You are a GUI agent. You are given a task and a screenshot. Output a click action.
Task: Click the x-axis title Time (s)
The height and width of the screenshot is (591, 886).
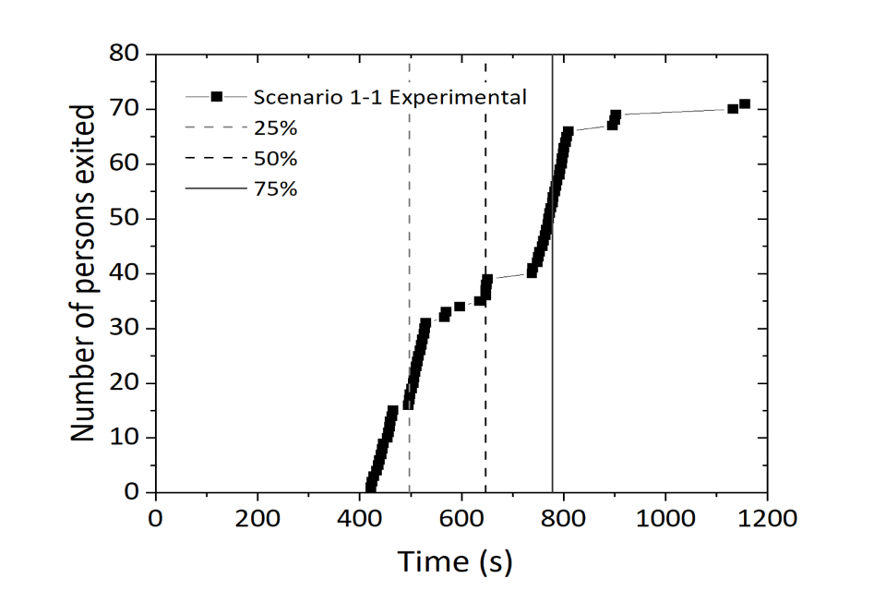coord(455,561)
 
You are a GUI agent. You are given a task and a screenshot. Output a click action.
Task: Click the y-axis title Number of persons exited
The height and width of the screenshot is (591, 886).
coord(84,273)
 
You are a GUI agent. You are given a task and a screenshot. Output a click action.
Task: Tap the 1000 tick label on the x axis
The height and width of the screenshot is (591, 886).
coord(665,517)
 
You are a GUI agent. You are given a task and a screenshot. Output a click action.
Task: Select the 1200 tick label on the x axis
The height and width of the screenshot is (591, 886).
coord(767,517)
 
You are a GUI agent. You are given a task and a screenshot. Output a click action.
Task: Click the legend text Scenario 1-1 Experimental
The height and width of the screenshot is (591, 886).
coord(389,97)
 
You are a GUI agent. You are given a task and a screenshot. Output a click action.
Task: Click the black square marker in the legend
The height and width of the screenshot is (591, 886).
coord(216,97)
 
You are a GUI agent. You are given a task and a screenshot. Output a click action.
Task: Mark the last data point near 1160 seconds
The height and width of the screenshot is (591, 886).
coord(745,104)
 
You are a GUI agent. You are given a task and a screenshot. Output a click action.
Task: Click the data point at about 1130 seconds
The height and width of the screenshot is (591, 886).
coord(733,109)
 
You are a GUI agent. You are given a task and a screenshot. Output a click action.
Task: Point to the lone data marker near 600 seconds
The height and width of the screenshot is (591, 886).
coord(460,307)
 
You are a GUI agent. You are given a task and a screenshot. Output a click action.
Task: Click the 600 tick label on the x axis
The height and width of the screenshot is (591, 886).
coord(461,517)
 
